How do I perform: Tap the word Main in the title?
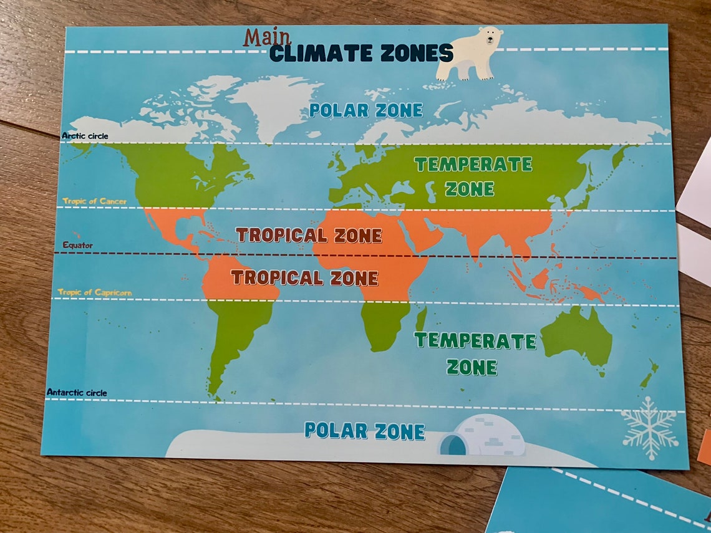267,38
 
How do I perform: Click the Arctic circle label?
85,136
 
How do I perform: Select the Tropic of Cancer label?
94,201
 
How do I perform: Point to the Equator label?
77,246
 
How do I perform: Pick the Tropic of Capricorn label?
95,292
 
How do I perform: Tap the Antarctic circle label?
77,393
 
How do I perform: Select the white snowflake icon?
649,428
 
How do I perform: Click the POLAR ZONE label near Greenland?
366,111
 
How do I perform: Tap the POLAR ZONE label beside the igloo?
364,431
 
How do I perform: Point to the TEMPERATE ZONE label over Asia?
472,176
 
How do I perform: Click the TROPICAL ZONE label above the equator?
309,235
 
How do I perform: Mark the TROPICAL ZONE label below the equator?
304,278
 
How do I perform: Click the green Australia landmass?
578,336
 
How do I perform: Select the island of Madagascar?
421,319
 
